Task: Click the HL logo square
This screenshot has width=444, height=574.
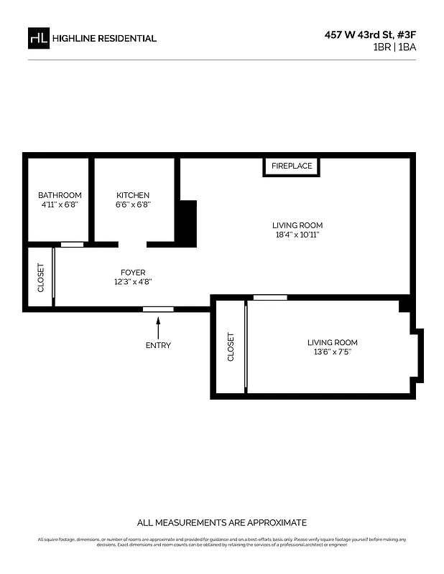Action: (38, 38)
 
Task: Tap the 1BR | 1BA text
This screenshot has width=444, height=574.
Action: (394, 47)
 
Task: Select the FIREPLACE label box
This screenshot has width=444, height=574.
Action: (291, 166)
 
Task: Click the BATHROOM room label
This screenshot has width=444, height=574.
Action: (60, 195)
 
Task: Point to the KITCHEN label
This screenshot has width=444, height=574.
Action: (133, 195)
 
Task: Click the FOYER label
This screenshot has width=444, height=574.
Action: (133, 273)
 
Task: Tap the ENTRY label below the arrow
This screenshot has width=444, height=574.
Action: (158, 345)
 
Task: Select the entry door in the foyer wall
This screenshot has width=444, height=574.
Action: (158, 309)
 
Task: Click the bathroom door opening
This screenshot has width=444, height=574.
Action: (72, 245)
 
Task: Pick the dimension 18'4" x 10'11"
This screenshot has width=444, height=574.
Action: (297, 235)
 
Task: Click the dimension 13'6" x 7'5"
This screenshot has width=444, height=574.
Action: (332, 352)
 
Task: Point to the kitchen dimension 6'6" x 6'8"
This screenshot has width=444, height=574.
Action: (133, 204)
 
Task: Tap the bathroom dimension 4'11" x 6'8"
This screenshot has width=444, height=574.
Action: (60, 204)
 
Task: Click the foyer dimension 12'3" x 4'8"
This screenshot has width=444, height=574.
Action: (133, 282)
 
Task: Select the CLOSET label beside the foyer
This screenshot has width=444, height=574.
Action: (40, 278)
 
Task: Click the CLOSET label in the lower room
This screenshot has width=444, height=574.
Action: (231, 347)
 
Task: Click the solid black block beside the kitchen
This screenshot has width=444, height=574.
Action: (187, 224)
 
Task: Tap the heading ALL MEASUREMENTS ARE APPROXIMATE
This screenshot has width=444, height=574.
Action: (222, 522)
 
